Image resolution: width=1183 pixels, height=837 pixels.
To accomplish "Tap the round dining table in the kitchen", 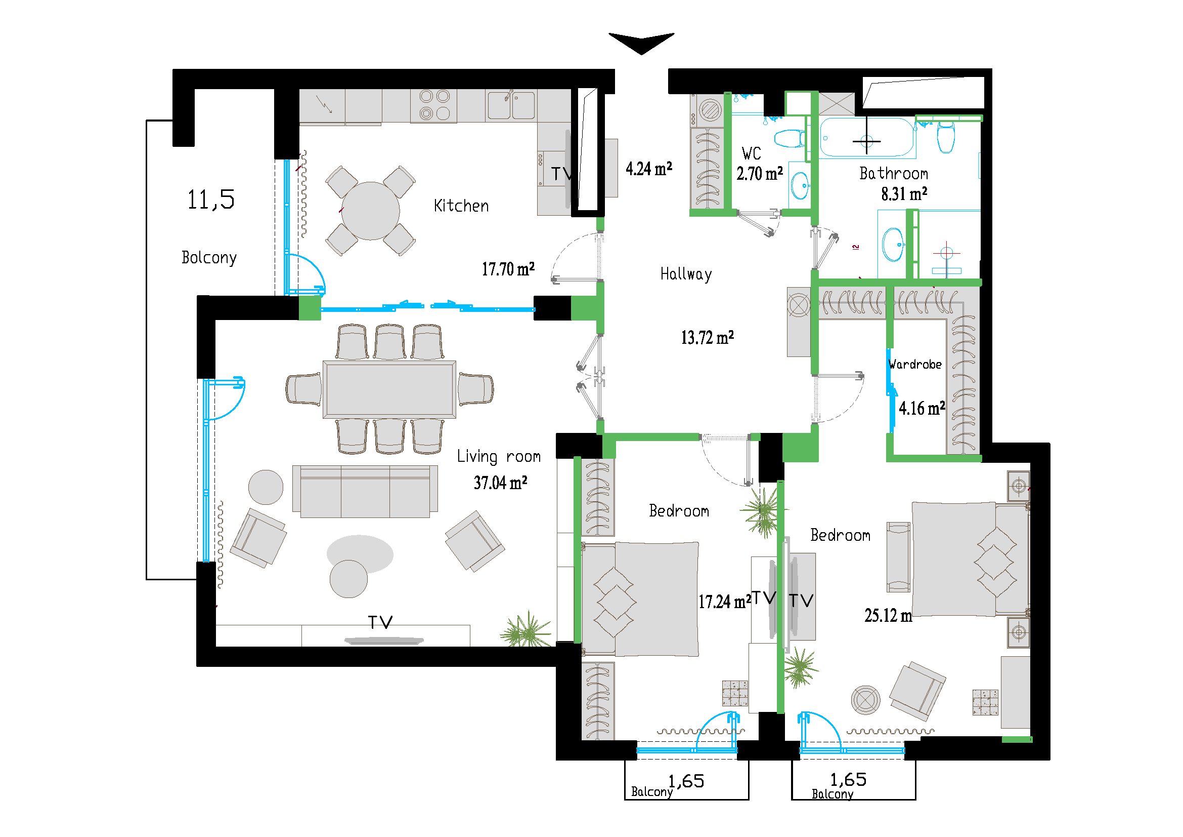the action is pos(370,211).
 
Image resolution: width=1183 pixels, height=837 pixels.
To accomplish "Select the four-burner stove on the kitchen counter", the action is pos(434,105).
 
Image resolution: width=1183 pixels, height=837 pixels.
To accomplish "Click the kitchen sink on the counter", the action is pos(511,105).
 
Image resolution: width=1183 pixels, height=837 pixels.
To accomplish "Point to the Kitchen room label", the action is pos(461,206).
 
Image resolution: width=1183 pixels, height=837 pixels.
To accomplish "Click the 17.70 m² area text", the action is pos(508,269).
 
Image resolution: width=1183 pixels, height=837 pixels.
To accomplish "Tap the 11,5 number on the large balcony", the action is pos(211,200).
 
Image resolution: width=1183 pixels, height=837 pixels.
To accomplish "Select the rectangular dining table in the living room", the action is pos(389,389).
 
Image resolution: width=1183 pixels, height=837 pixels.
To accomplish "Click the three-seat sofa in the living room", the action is pos(365,491).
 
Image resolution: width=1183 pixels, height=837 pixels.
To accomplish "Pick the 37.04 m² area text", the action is pos(500,483).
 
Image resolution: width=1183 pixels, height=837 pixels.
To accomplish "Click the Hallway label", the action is pos(686,274).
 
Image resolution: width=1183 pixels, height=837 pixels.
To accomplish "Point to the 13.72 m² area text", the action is pos(707,338).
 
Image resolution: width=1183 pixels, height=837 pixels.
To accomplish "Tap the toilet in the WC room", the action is pos(790,138).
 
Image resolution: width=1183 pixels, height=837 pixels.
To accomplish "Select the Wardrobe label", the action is pos(915,365).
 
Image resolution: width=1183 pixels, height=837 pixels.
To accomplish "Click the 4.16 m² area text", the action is pos(922,409).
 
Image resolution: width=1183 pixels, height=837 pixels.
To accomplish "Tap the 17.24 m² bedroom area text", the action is pos(724,602).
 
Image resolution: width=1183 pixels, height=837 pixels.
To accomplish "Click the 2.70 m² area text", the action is pos(760,174).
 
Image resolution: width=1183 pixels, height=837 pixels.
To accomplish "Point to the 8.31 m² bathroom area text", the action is pos(904,194).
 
